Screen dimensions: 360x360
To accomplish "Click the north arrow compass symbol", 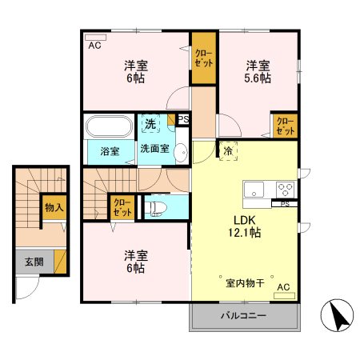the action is (337, 315).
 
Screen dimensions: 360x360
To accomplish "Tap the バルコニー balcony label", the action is (243, 316).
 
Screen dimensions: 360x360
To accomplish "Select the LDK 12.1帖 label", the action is (245, 226).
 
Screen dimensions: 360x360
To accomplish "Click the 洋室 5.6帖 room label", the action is (258, 72).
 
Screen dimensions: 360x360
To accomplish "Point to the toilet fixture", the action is (155, 207).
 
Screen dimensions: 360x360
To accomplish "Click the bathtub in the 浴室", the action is (108, 126).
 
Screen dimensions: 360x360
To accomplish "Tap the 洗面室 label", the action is (155, 149).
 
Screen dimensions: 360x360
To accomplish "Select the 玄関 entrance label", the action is (34, 262).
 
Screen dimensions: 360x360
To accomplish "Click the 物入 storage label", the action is (54, 207).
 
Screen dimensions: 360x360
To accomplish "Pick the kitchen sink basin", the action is (254, 190).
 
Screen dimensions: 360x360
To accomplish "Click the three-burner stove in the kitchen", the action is (285, 190).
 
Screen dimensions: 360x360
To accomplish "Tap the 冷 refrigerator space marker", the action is (228, 151).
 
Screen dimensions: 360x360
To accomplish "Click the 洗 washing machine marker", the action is (150, 123).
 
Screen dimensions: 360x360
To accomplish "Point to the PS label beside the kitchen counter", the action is (285, 204).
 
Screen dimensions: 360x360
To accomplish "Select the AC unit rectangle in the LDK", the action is (285, 296).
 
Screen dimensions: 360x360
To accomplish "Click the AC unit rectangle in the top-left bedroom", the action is (95, 38).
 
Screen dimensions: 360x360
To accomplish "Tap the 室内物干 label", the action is (245, 283).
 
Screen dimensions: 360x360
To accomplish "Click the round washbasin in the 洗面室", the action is (181, 153).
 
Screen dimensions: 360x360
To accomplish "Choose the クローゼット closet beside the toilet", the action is (122, 208).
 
